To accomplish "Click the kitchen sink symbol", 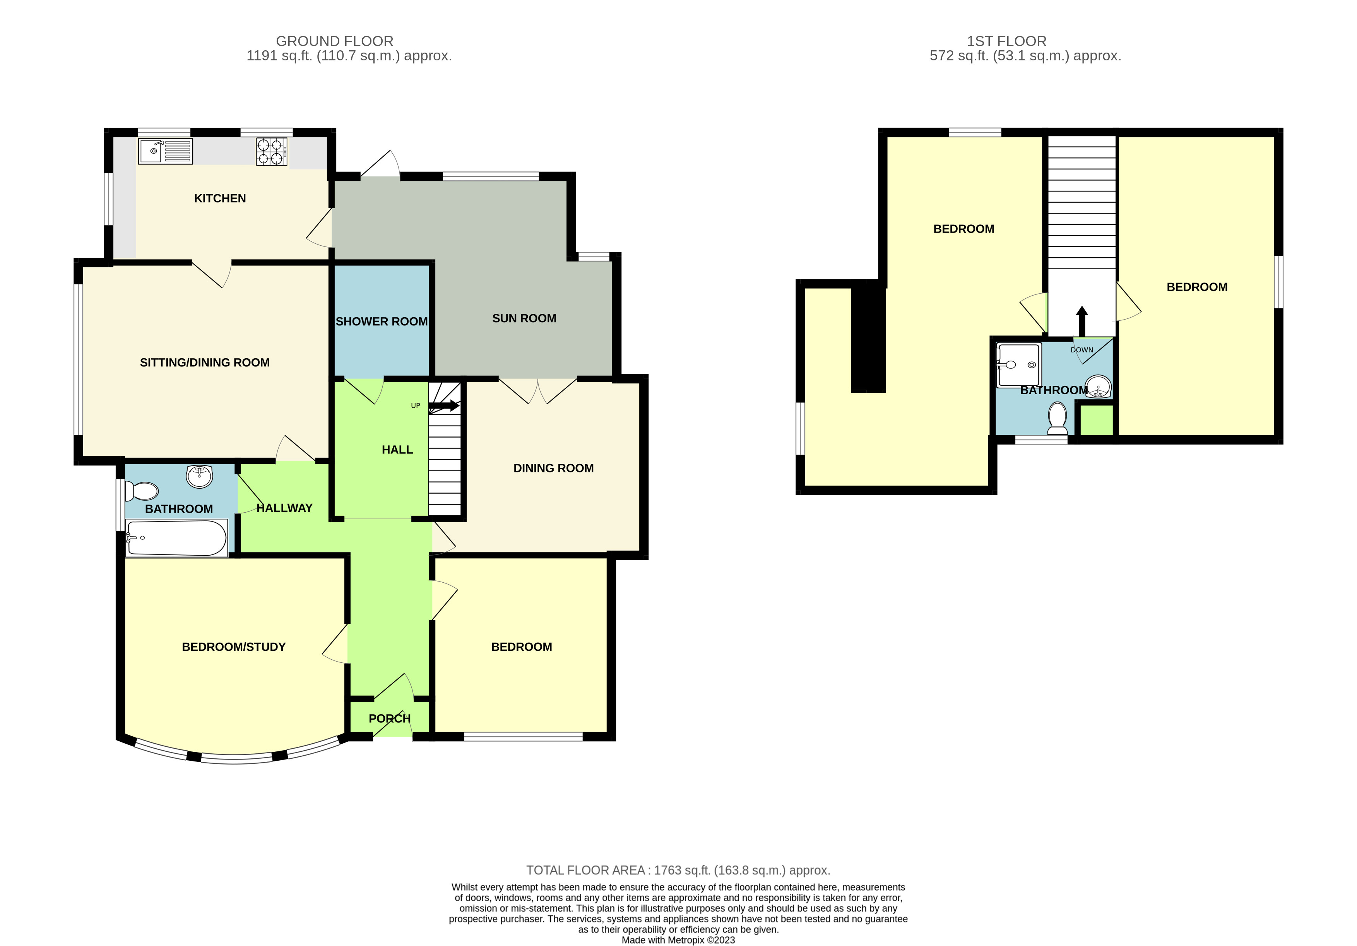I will point(166,151).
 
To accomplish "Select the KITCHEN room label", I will point(220,198).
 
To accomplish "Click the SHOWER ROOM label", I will point(382,322).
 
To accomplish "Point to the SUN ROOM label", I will point(524,318).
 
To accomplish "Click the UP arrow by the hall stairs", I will point(443,405).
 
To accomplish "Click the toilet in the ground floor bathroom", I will point(142,491).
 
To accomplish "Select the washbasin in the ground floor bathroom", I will point(200,476).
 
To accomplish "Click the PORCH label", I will point(390,718).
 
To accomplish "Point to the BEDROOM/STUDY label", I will point(233,647).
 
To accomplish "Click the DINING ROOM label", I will point(553,469).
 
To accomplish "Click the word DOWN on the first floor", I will point(1081,350).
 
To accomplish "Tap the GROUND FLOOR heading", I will point(335,41).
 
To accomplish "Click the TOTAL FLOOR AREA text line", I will point(678,871).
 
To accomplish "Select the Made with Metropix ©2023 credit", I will point(678,940).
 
